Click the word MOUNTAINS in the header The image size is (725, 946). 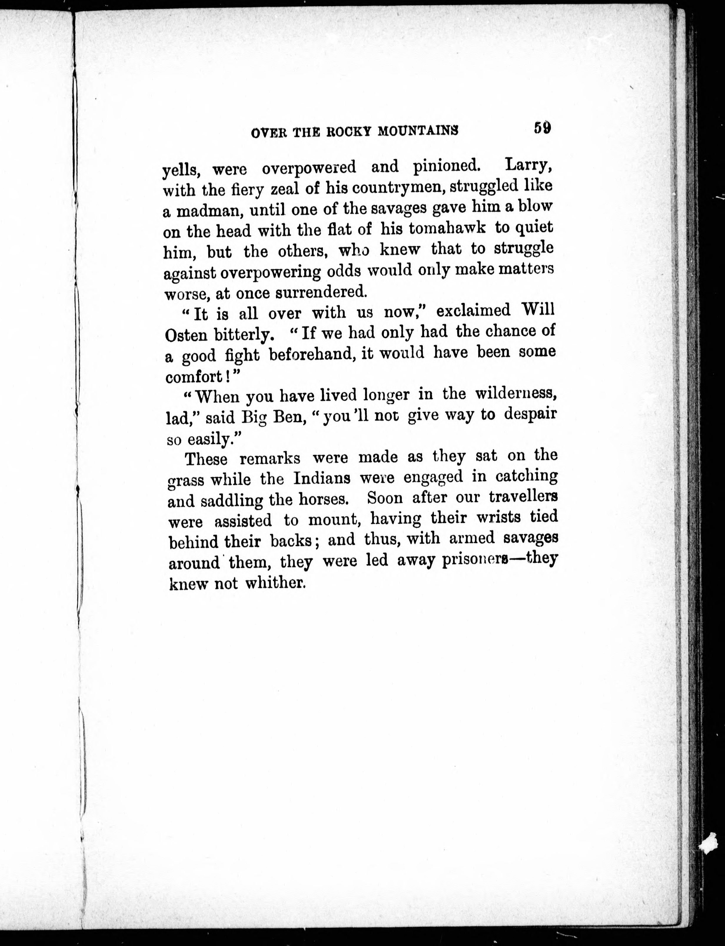418,131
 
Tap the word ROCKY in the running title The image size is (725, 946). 350,132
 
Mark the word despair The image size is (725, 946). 531,414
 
